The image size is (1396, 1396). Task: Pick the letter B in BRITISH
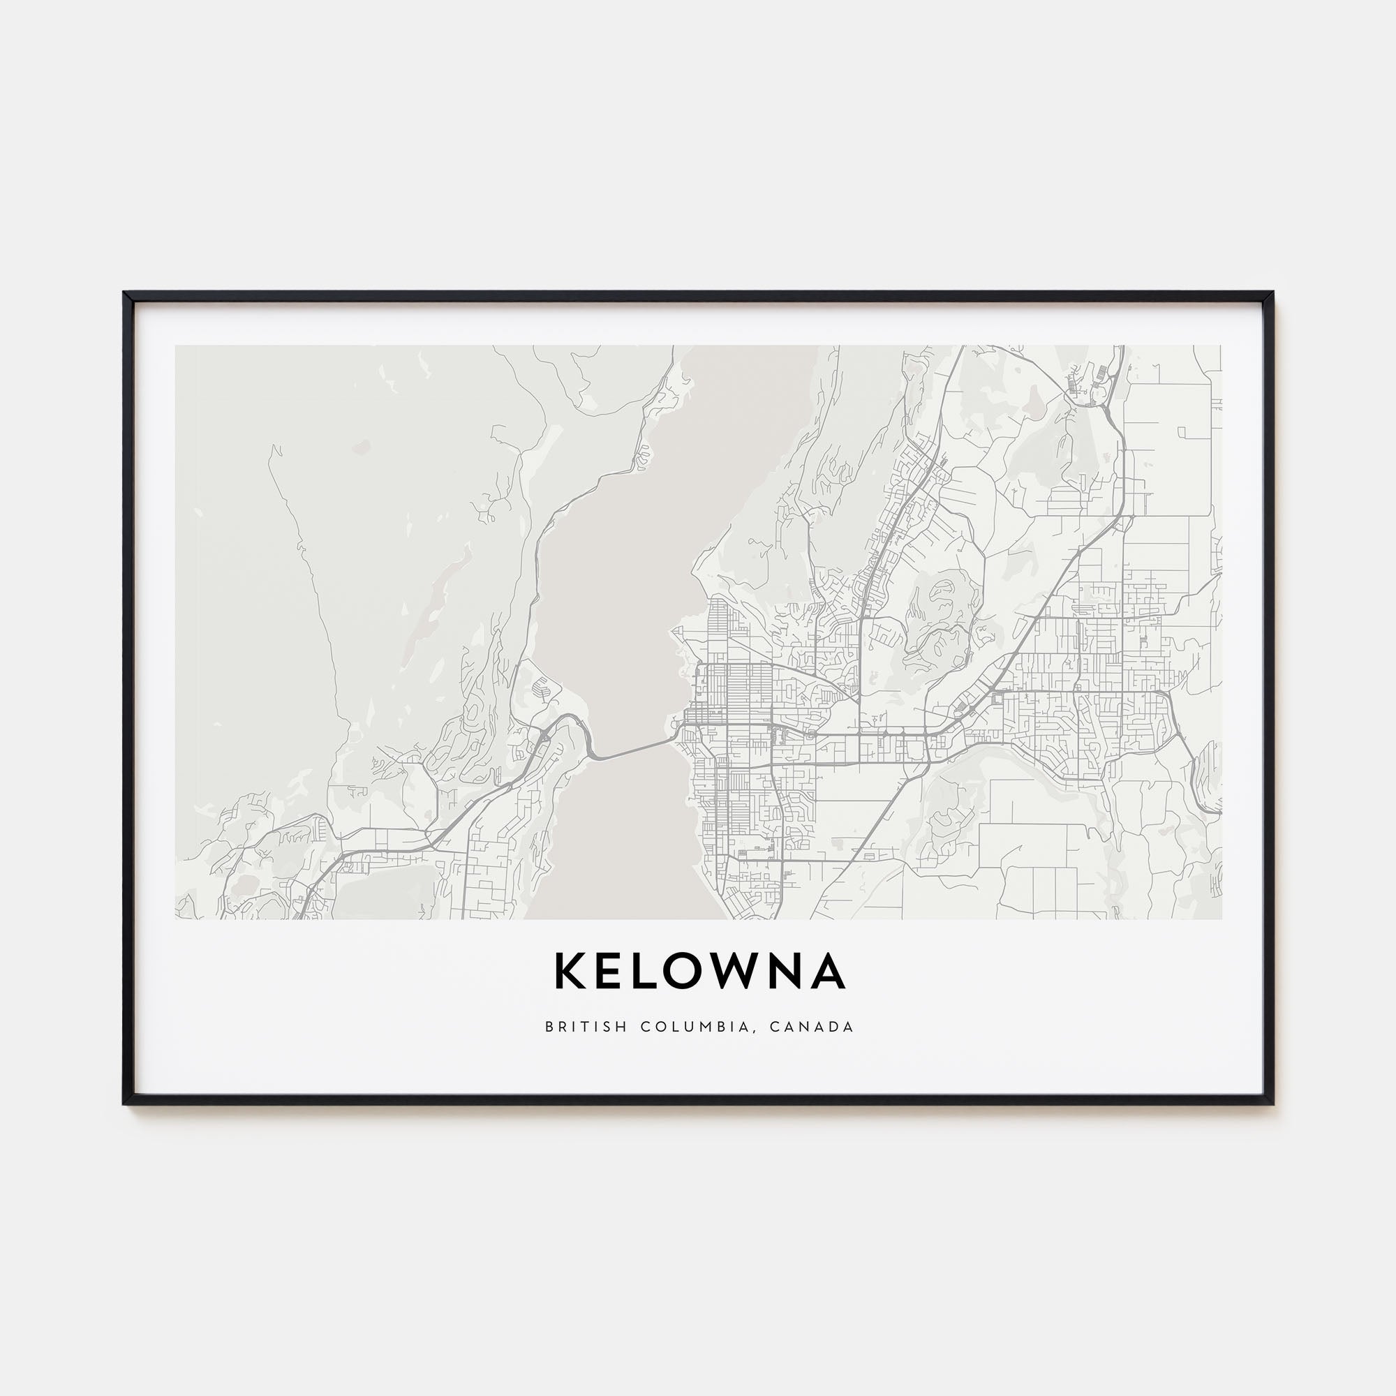pyautogui.click(x=549, y=1027)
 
